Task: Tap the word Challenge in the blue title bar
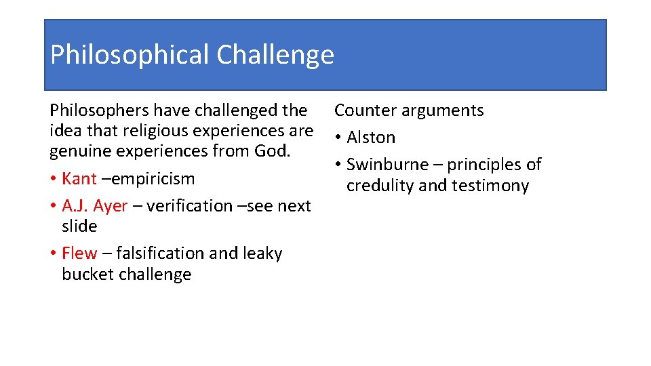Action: tap(275, 55)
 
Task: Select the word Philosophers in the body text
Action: tap(99, 110)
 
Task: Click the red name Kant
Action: tap(79, 179)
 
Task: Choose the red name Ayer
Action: tap(111, 205)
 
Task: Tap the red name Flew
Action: tap(79, 253)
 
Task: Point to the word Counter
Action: tap(366, 110)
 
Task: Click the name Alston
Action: tap(371, 138)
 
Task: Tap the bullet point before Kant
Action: tap(54, 179)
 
